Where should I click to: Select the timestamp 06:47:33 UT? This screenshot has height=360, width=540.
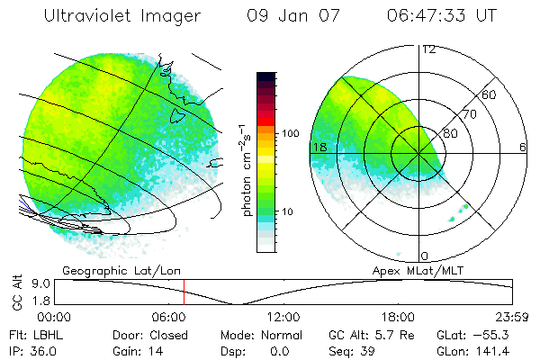[x=439, y=16]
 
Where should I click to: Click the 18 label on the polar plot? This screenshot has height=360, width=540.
[x=318, y=147]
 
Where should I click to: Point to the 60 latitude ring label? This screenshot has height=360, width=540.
[x=490, y=94]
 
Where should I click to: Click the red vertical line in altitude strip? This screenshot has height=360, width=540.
[x=184, y=292]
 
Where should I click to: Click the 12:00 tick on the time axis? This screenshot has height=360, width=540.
[x=284, y=317]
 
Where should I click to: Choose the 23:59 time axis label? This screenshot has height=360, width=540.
[x=514, y=317]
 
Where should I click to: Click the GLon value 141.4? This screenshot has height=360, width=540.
[x=494, y=350]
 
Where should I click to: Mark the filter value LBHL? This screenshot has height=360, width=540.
[x=48, y=334]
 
